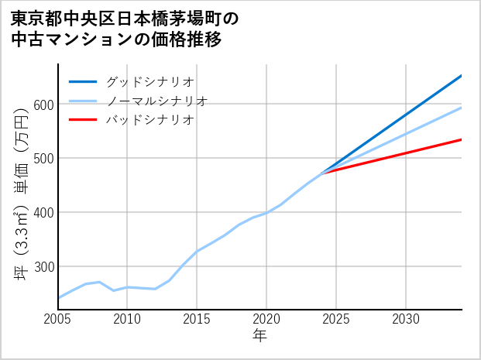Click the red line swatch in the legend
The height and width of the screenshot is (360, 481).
click(83, 120)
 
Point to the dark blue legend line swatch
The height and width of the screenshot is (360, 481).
click(83, 81)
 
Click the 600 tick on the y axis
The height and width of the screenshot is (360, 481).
click(43, 105)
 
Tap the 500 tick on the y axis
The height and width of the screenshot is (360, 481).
click(43, 159)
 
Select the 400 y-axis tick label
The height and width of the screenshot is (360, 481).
click(43, 212)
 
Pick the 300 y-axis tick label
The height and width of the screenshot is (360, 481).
click(43, 266)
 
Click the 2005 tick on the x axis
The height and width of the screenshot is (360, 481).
click(58, 319)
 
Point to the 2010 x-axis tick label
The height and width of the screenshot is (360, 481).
click(127, 319)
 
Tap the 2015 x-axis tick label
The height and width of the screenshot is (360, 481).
click(197, 319)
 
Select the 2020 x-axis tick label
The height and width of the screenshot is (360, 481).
click(266, 319)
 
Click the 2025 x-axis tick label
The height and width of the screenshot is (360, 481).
click(336, 319)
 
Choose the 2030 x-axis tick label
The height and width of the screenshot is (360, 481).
click(406, 319)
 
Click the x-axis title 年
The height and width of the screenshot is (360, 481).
click(259, 336)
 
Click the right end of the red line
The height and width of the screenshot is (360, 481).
click(461, 139)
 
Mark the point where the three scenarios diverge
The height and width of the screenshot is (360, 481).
click(322, 173)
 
